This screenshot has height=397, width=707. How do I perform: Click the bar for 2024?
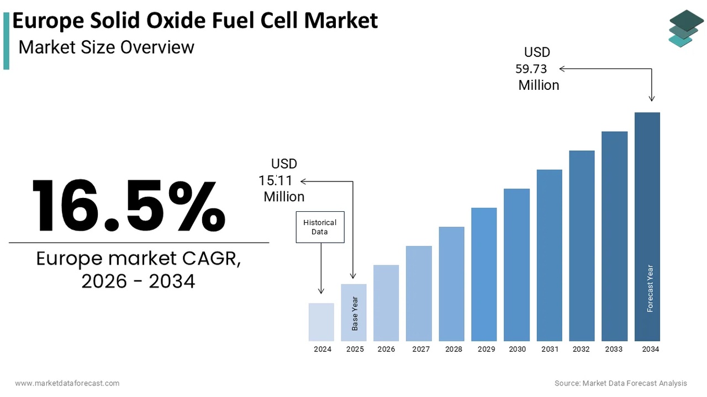(x=321, y=322)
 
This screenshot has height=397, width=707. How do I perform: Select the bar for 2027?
(x=419, y=293)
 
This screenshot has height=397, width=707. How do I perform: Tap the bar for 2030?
(x=516, y=265)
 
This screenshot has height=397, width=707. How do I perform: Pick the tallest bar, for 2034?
(x=647, y=227)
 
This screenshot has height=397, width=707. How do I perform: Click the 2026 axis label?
(x=386, y=349)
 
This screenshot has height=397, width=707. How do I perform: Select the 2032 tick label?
(x=581, y=349)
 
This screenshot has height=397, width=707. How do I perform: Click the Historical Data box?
(x=320, y=227)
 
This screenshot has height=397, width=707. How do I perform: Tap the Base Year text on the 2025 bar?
(x=355, y=314)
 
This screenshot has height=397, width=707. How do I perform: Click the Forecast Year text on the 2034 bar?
(x=650, y=288)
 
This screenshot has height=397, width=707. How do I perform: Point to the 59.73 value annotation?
(x=531, y=69)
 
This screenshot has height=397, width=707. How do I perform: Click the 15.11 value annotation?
(x=276, y=180)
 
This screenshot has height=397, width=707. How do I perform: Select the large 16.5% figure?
(x=129, y=205)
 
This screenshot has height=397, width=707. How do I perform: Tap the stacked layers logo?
(x=686, y=29)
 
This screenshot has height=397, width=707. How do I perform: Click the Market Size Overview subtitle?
(x=106, y=47)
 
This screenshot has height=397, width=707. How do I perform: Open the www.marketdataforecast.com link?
(x=67, y=383)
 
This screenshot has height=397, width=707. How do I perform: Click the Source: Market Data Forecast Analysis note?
(x=621, y=383)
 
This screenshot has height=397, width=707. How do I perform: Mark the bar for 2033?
(x=614, y=236)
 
